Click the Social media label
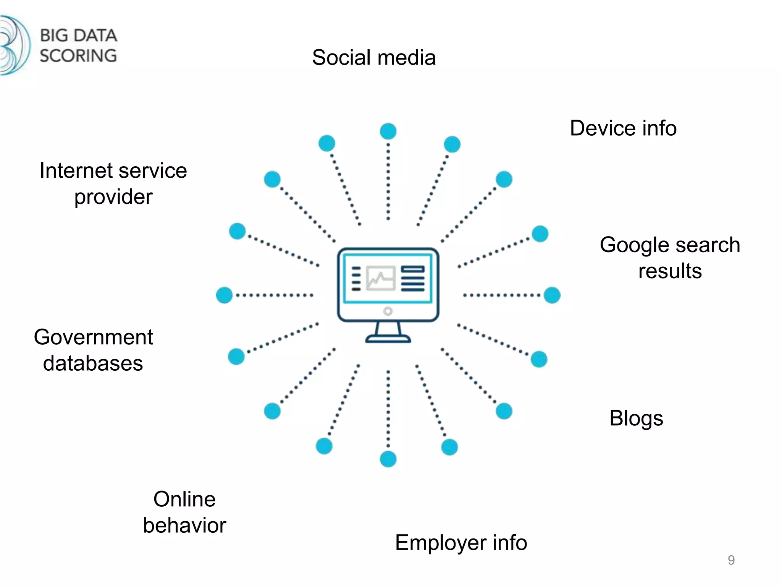tap(373, 58)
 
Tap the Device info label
tap(623, 128)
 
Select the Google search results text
tap(670, 258)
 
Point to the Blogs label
tap(636, 418)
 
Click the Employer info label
tap(461, 542)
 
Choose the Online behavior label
tap(184, 512)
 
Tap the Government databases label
tap(93, 350)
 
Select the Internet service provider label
tap(113, 183)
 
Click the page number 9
tap(731, 560)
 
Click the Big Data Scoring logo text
tap(78, 45)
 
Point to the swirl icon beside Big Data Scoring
tap(15, 45)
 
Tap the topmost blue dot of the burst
tap(388, 131)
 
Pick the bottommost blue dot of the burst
tap(388, 459)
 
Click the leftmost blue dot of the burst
tap(224, 295)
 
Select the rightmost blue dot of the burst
tap(552, 295)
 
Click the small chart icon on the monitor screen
tap(380, 278)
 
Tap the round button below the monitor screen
tap(388, 311)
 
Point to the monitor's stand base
tap(388, 339)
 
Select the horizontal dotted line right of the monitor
tap(501, 295)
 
